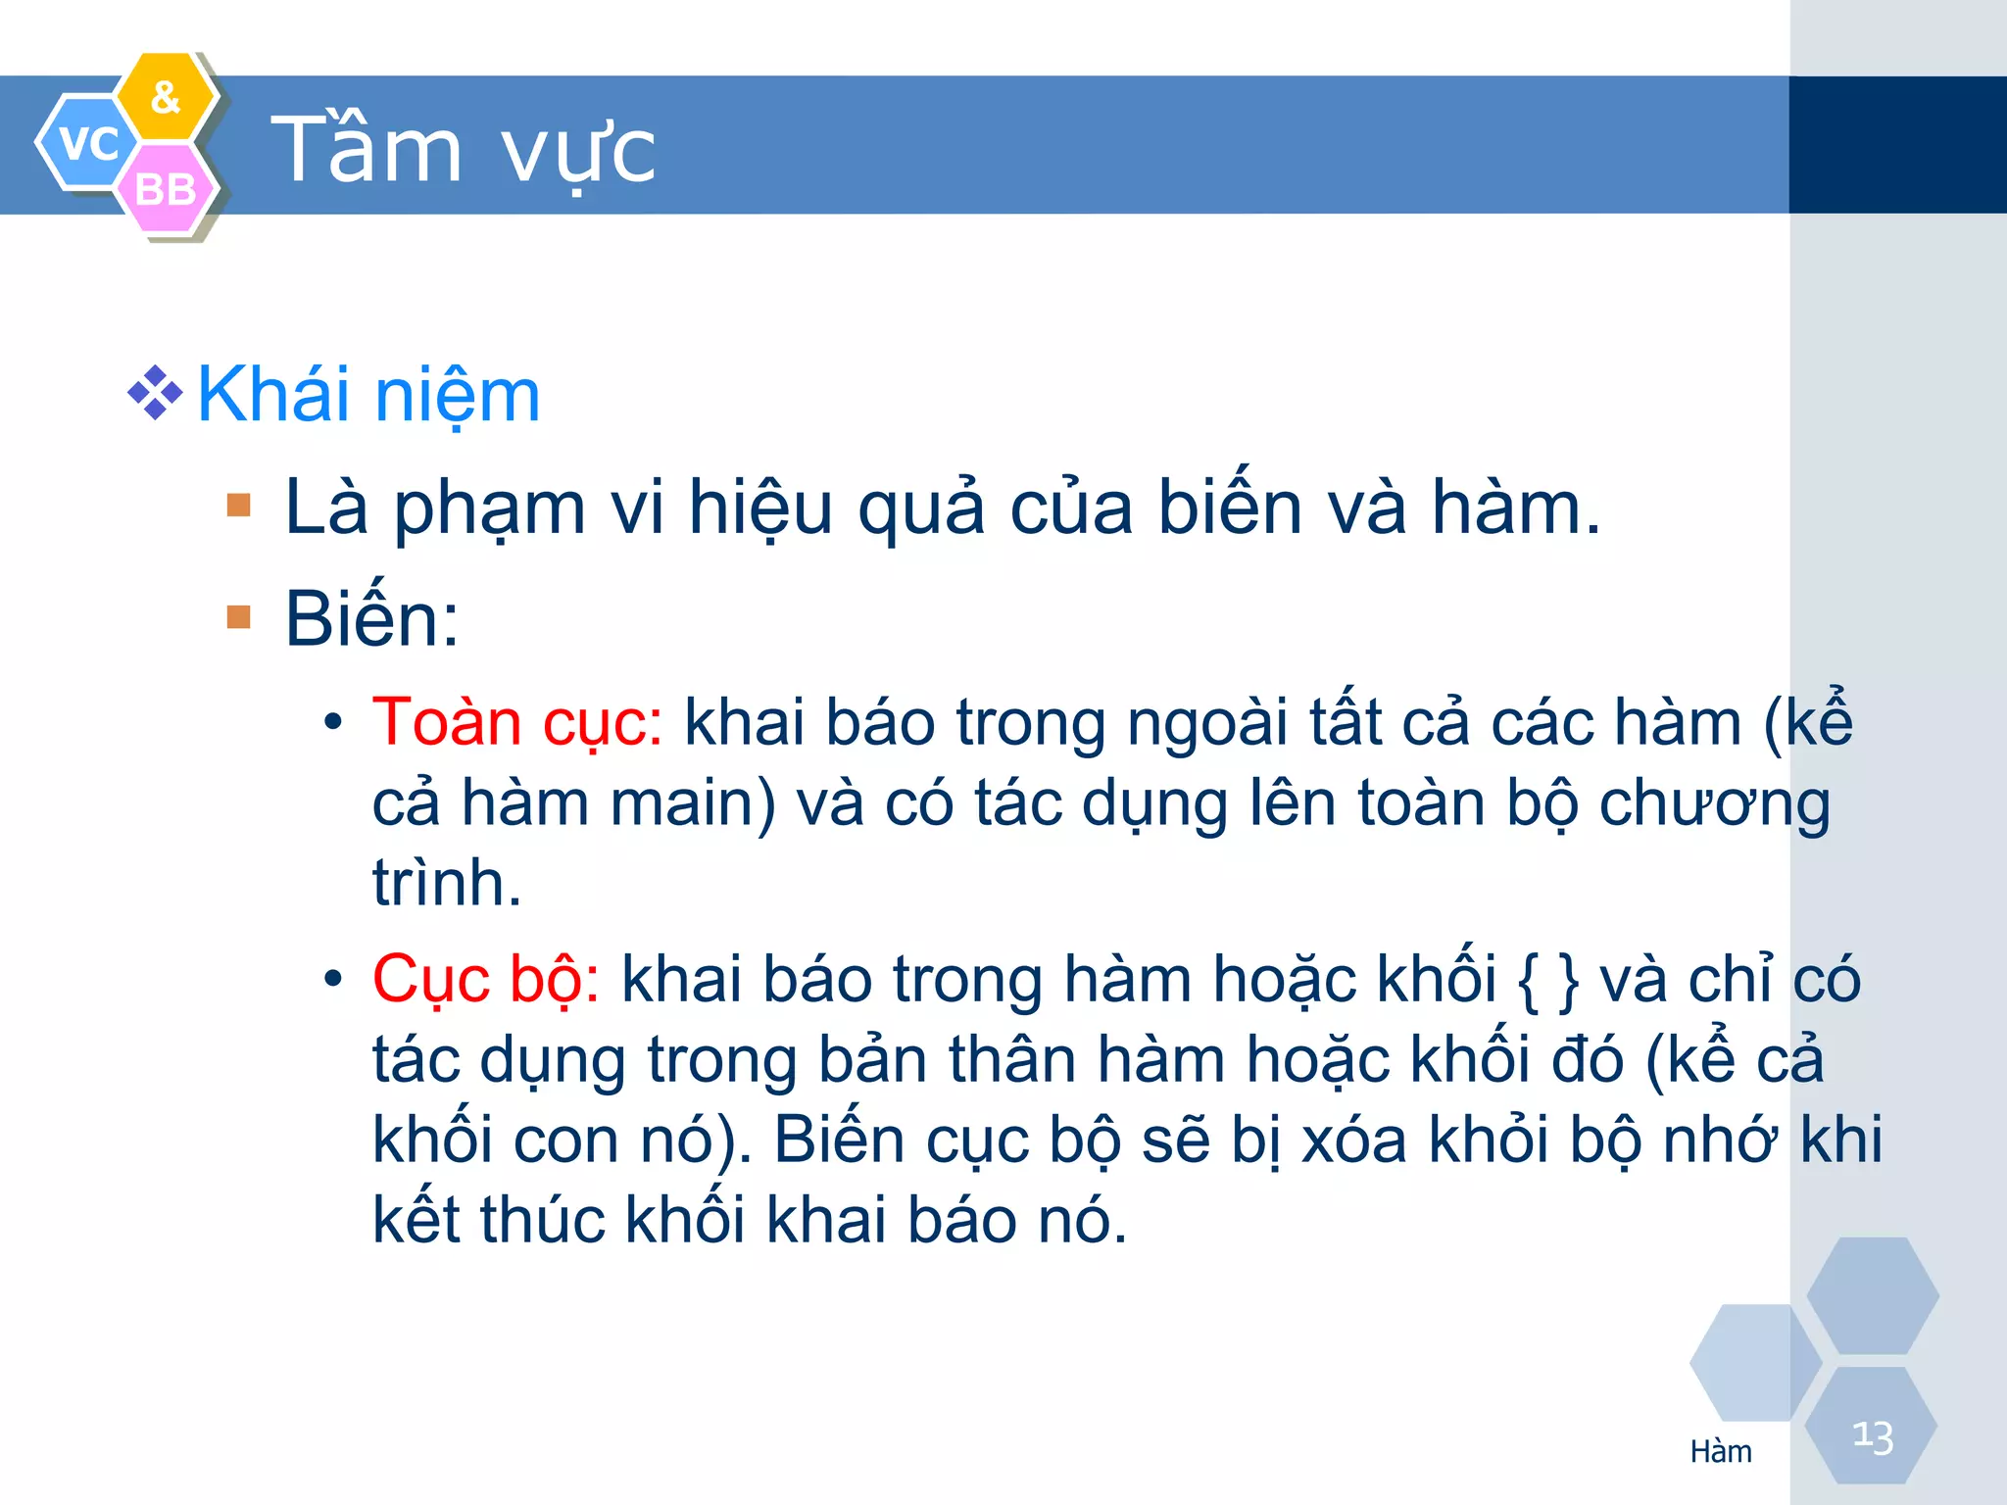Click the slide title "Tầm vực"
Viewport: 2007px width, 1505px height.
pos(463,150)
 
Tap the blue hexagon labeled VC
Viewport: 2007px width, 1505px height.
pos(86,143)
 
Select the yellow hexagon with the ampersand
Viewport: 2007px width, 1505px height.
pos(166,97)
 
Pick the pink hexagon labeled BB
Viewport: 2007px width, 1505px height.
pos(166,189)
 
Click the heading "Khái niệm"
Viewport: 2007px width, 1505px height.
pos(368,396)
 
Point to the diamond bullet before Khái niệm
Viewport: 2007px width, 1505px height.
pos(155,394)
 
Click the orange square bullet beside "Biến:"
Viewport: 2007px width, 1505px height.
pos(238,616)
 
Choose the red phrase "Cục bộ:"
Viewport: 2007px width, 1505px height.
pos(485,981)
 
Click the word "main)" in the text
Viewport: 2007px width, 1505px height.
pos(692,803)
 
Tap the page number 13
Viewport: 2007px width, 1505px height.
pos(1872,1437)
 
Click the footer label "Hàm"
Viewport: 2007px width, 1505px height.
pos(1720,1451)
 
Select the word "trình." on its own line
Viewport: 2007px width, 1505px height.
pos(446,884)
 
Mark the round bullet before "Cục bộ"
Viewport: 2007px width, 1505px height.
pos(333,980)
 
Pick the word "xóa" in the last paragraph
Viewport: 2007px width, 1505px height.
pos(1353,1141)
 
